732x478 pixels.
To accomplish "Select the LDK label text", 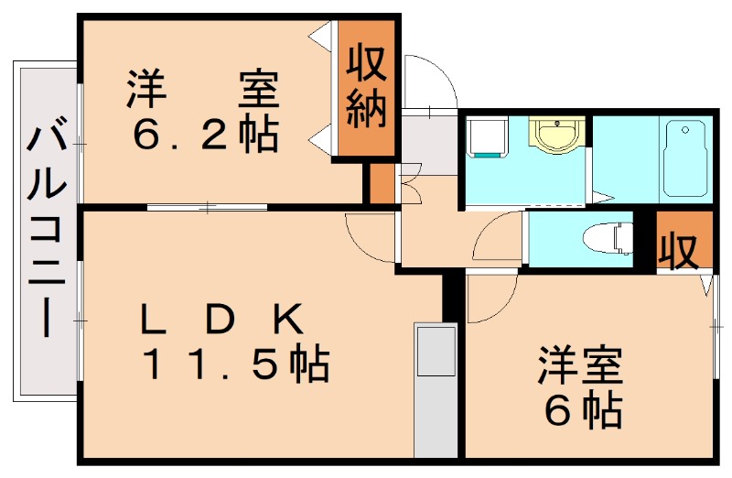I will point(221,320).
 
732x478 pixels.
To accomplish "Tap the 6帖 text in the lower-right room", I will point(582,411).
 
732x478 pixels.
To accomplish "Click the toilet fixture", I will point(608,237).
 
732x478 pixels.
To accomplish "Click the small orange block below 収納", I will point(381,183).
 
